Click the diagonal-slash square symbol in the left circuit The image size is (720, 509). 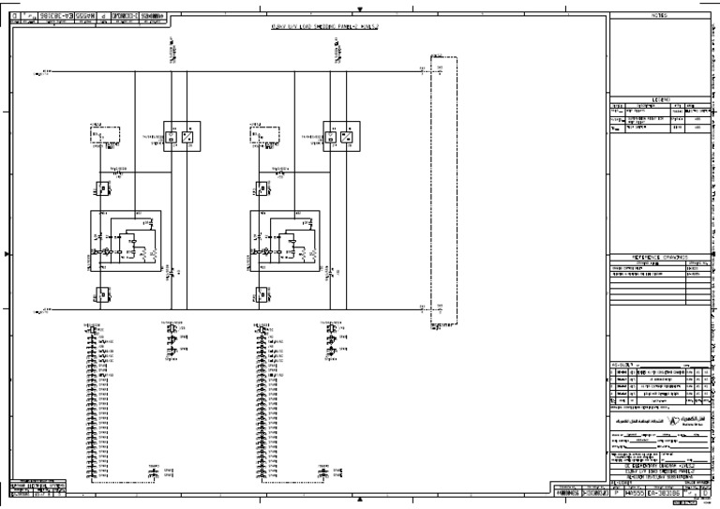pos(187,137)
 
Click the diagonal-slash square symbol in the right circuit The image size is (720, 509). pos(347,137)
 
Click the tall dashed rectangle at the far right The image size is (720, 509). pos(441,196)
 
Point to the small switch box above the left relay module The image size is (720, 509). pos(99,188)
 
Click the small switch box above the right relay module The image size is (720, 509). pos(260,188)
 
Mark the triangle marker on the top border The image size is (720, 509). pos(361,8)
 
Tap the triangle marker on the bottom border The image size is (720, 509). pos(361,499)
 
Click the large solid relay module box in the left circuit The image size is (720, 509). pos(126,242)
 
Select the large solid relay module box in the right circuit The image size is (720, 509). pos(286,242)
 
